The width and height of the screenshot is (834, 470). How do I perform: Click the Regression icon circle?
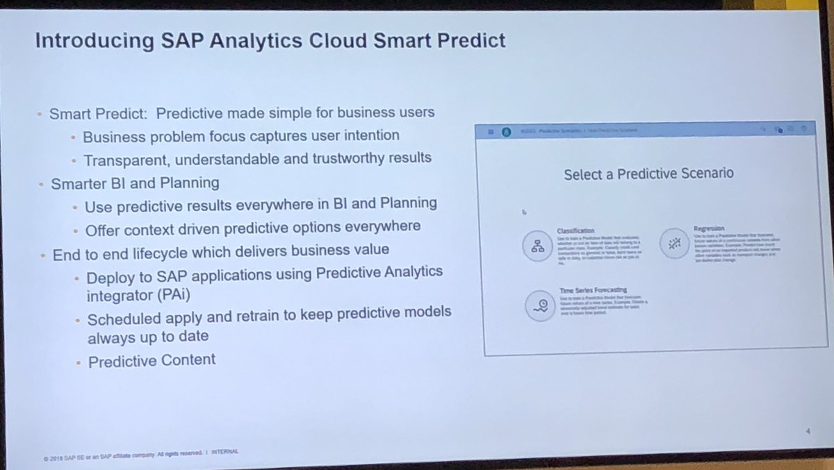[x=674, y=243]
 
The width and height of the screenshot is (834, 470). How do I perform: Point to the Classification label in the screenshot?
[x=575, y=230]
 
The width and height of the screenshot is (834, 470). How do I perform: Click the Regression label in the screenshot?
[x=709, y=228]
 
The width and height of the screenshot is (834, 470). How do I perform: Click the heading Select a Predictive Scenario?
[x=648, y=174]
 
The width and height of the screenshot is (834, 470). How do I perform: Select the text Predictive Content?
[x=152, y=360]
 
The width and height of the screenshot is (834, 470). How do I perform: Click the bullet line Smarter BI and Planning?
[x=135, y=183]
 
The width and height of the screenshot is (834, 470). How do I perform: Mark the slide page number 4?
[x=808, y=432]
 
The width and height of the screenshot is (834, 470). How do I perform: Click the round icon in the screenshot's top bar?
[x=506, y=131]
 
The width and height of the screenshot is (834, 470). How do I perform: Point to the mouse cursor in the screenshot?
[x=524, y=212]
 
